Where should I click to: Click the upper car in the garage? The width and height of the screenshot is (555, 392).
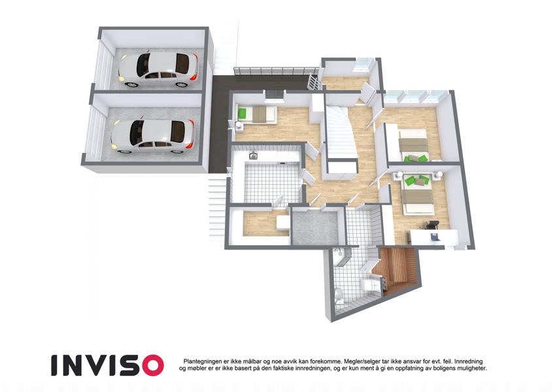(158, 70)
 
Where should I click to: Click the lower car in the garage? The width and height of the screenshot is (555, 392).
(153, 137)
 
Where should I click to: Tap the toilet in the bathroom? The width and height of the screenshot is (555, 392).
(339, 296)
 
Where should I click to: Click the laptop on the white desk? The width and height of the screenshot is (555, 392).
(434, 236)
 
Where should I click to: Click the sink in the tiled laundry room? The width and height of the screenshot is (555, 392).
(253, 155)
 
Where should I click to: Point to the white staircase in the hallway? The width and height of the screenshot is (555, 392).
(339, 134)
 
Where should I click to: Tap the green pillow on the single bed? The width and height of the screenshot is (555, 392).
(242, 114)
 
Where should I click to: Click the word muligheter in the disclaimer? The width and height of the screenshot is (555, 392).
(472, 368)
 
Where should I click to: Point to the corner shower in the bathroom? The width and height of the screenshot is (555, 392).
(341, 257)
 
